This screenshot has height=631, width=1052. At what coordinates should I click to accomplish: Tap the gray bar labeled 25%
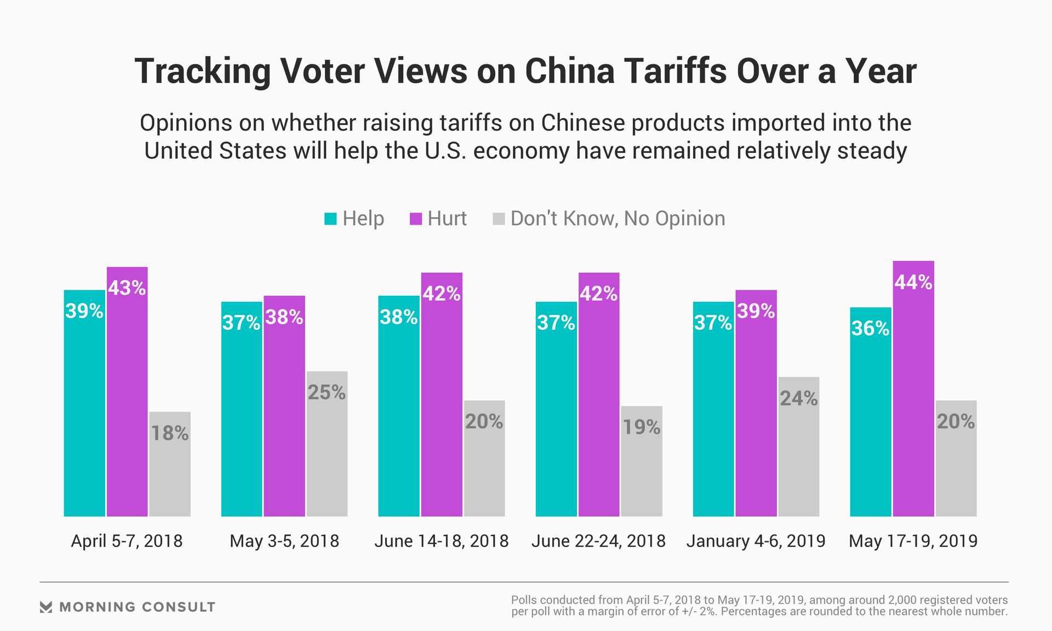[x=327, y=444]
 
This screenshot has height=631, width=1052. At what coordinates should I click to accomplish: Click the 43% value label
[x=127, y=288]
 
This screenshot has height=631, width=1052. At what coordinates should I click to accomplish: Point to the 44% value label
[x=913, y=283]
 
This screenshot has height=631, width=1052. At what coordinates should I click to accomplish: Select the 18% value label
[x=170, y=434]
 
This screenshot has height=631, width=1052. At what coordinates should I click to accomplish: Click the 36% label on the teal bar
[x=870, y=329]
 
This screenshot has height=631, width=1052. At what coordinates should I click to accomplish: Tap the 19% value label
[x=642, y=427]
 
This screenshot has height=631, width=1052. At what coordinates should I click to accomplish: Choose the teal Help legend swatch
[x=330, y=219]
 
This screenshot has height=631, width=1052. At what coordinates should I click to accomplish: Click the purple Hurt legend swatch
[x=416, y=219]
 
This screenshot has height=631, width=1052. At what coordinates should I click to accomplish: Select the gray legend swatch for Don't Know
[x=499, y=219]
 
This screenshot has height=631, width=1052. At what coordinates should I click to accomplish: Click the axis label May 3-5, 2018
[x=284, y=541]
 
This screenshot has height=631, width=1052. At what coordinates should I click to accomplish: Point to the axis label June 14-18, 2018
[x=442, y=541]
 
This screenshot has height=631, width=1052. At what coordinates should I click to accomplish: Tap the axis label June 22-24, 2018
[x=598, y=541]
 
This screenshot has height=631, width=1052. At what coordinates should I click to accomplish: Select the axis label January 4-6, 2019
[x=756, y=541]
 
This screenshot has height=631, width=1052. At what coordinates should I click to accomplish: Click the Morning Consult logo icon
[x=46, y=607]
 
